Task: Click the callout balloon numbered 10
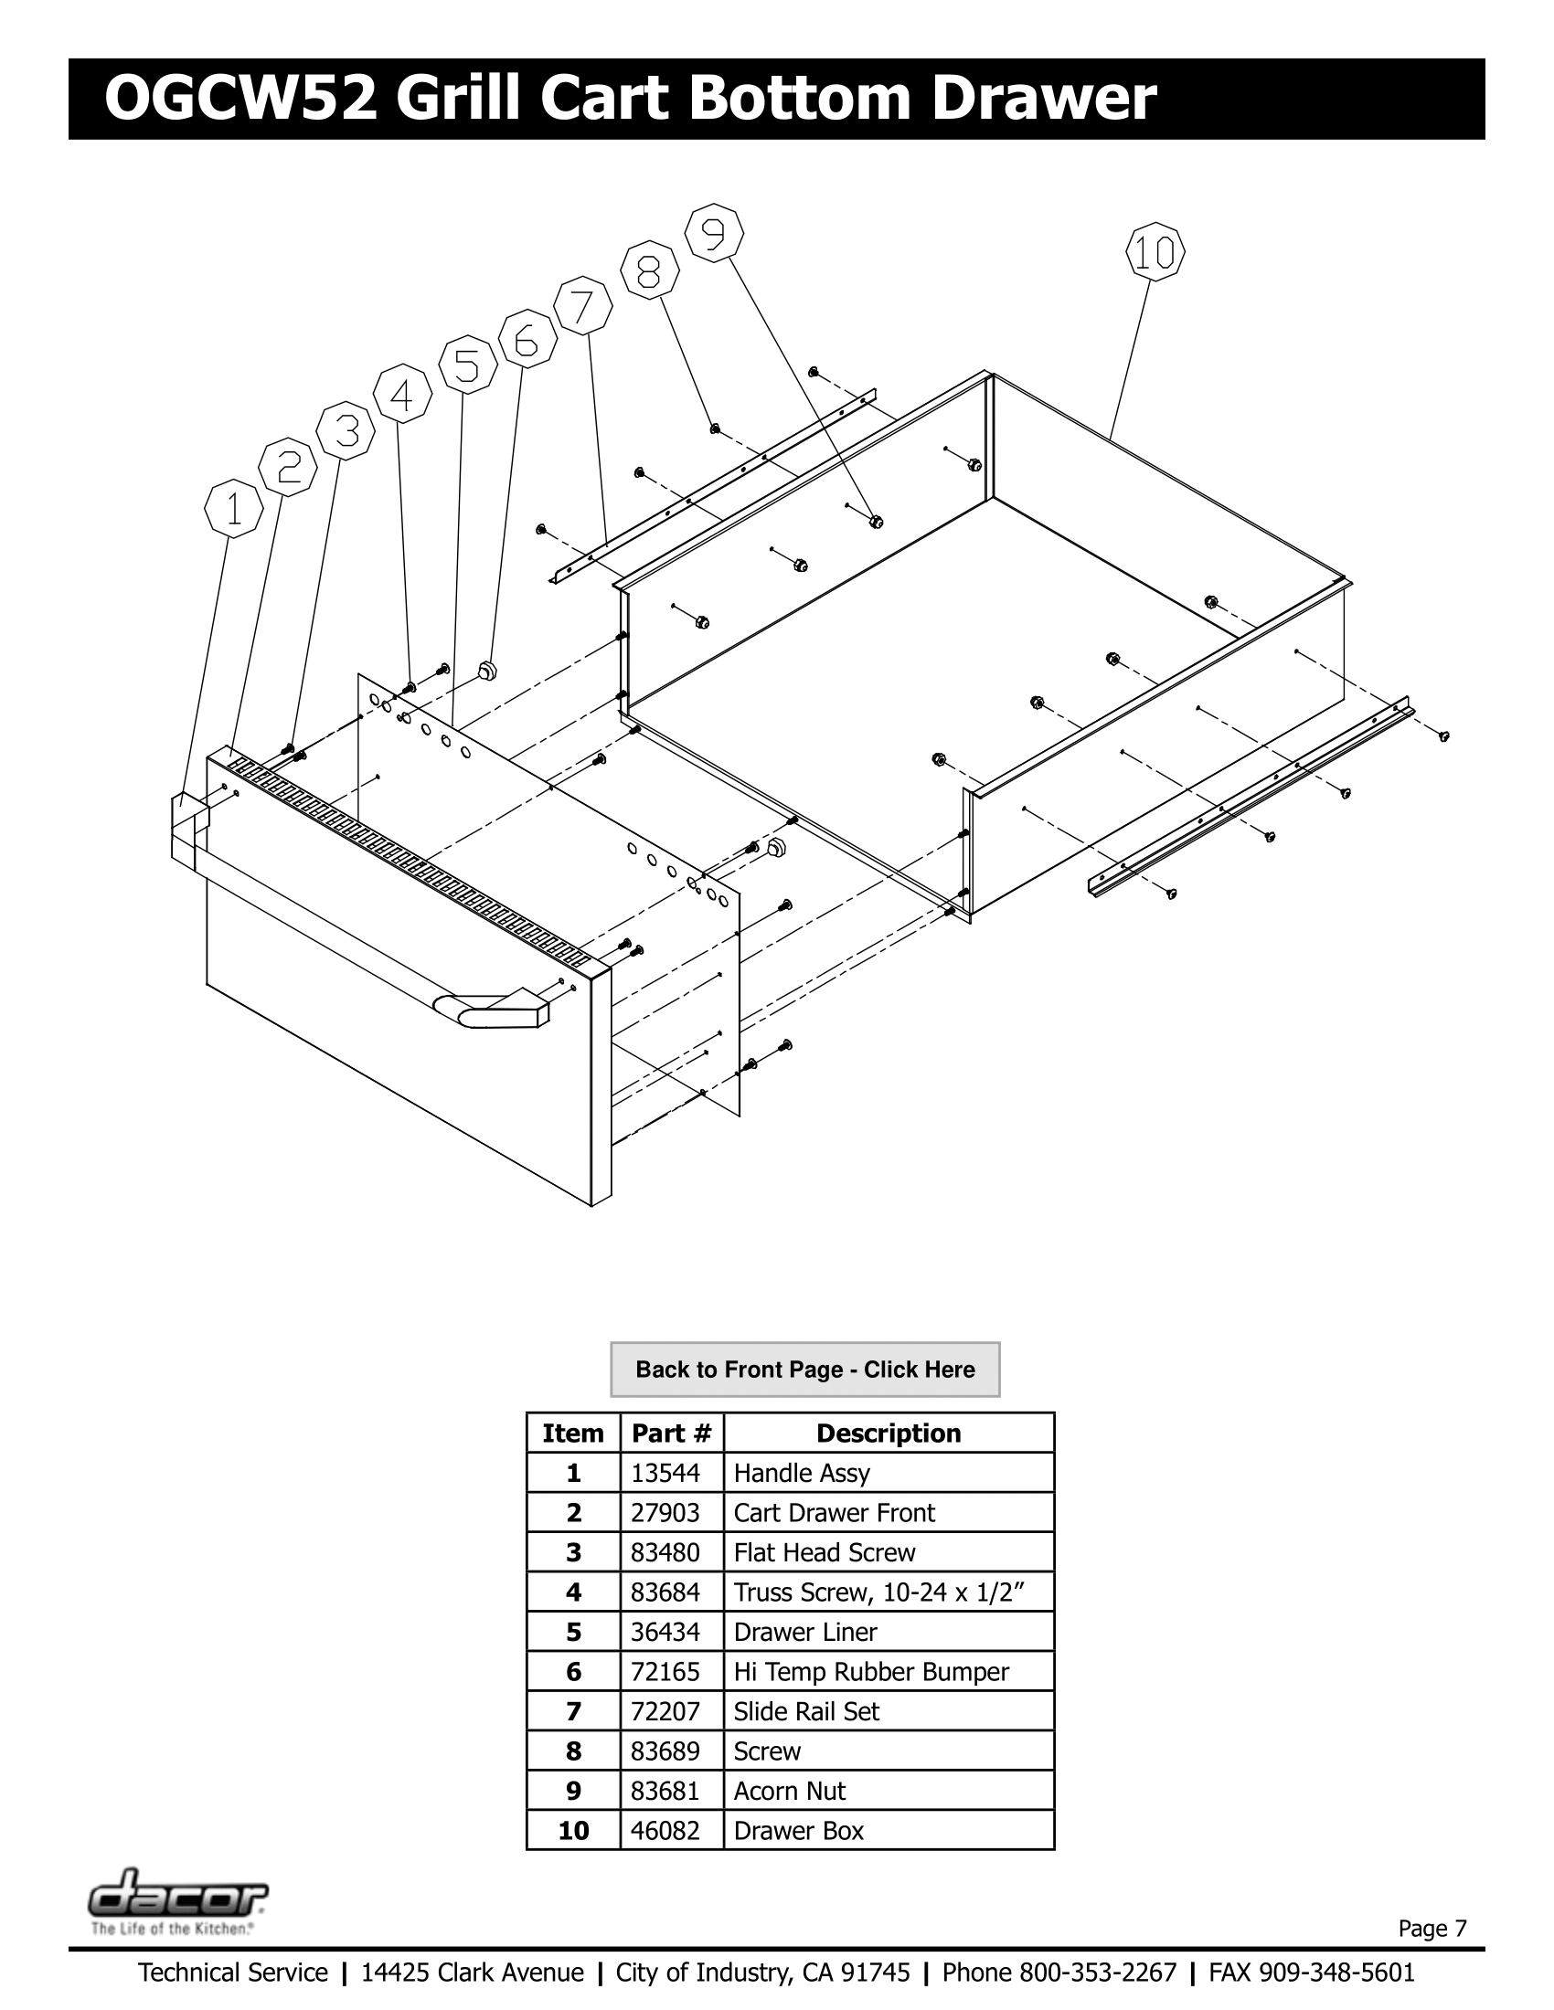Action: click(x=1155, y=252)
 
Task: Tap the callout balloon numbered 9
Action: click(x=715, y=234)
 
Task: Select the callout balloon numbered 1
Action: click(x=233, y=508)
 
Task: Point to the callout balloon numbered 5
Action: click(x=468, y=366)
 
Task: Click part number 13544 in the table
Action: click(x=665, y=1474)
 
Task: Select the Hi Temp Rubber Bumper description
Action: click(x=870, y=1672)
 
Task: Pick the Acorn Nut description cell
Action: click(x=789, y=1791)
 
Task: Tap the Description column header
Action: click(x=888, y=1433)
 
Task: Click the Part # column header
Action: click(x=671, y=1433)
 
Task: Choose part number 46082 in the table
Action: click(x=665, y=1831)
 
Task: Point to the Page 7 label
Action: click(x=1432, y=1928)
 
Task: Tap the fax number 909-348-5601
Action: click(x=1336, y=1973)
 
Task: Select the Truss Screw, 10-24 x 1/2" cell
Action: click(x=878, y=1592)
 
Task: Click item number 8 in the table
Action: click(x=572, y=1751)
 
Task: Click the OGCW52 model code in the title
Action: click(x=241, y=100)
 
